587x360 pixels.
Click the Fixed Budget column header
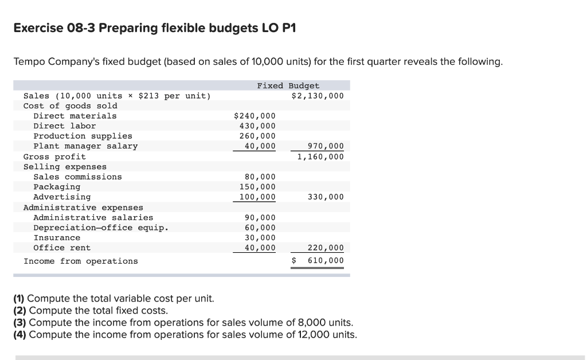click(x=288, y=85)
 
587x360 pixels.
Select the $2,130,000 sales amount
click(x=318, y=96)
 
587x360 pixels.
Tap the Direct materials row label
click(x=75, y=116)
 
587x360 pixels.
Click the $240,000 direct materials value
click(x=255, y=116)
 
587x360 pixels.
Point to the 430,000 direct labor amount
click(x=257, y=126)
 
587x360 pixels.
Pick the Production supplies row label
click(x=83, y=136)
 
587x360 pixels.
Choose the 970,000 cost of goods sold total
click(x=326, y=146)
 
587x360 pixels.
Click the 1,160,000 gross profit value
click(x=320, y=156)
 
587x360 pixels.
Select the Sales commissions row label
click(x=77, y=177)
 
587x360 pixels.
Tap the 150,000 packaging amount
click(x=257, y=187)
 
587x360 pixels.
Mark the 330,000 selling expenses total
click(x=326, y=197)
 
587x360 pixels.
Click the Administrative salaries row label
click(x=93, y=218)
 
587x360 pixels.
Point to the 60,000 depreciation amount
click(x=260, y=228)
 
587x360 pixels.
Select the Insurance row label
click(x=57, y=238)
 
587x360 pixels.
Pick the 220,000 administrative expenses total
click(x=326, y=248)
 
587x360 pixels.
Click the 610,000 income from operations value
click(x=326, y=261)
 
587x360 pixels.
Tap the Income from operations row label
click(x=80, y=261)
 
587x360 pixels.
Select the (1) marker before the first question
click(x=19, y=299)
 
